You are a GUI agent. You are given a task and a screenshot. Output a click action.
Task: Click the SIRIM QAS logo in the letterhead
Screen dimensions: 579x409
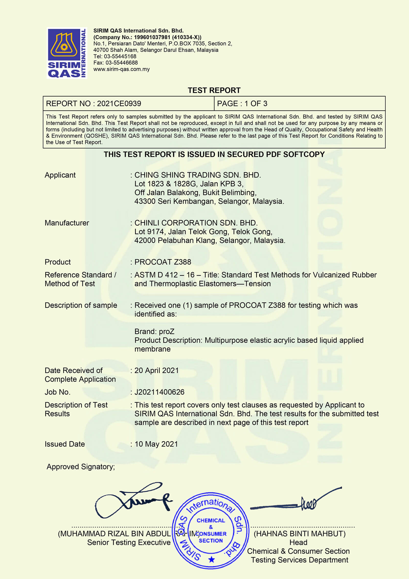coord(67,53)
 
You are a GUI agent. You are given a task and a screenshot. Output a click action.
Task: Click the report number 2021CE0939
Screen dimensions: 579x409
coord(119,104)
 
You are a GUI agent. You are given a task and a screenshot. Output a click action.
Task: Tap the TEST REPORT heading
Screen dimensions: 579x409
coord(214,90)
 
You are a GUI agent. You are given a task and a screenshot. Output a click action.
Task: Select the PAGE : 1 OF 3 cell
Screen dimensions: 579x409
coord(242,104)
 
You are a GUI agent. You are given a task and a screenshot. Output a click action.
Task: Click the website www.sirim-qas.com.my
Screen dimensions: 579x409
coord(121,69)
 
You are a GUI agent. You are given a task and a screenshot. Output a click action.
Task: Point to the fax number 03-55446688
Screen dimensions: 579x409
coord(121,63)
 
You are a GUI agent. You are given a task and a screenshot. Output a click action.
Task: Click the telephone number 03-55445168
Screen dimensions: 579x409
coord(120,56)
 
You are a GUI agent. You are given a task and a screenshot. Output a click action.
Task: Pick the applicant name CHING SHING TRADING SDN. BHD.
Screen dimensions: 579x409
coord(198,175)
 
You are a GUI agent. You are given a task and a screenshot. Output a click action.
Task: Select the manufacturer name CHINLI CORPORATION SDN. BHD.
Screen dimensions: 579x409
coord(196,223)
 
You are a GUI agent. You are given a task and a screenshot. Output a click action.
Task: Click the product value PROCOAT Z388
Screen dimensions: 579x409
coord(163,262)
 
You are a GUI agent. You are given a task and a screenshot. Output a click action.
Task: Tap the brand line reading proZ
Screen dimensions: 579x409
coord(154,332)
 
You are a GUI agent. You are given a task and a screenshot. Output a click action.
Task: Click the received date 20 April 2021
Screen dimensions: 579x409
coord(156,371)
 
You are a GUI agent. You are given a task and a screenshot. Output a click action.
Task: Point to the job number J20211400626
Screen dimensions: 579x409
coord(159,392)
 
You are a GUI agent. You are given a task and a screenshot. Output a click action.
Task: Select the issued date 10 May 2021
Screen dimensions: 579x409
coord(156,444)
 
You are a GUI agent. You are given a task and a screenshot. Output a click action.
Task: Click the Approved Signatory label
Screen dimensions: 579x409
coord(81,467)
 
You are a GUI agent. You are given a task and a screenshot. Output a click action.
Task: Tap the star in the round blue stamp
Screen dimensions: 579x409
coord(211,560)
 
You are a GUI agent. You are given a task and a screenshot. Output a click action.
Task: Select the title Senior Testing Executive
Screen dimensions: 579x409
coord(129,542)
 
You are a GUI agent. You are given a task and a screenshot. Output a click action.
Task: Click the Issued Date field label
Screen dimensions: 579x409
coord(65,444)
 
